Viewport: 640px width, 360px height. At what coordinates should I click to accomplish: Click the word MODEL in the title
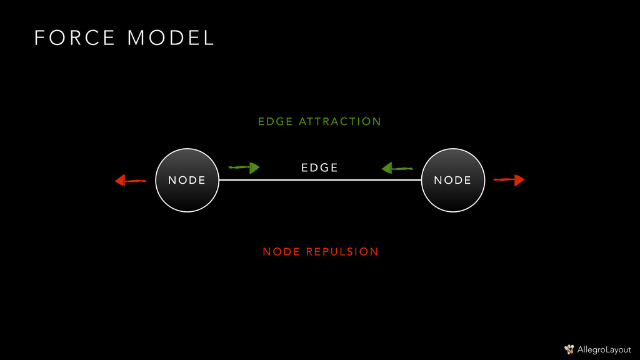click(x=171, y=38)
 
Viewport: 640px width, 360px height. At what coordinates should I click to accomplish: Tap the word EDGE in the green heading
click(x=275, y=121)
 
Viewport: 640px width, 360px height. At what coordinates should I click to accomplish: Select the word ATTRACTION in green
click(x=340, y=121)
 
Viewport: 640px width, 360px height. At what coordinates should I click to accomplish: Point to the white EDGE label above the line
click(x=319, y=167)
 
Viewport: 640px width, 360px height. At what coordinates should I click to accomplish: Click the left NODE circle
click(x=187, y=180)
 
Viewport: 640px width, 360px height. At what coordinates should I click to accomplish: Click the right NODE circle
click(x=452, y=180)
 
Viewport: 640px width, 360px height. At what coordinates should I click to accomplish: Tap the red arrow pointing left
click(x=130, y=181)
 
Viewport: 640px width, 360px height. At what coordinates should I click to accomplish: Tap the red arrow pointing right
click(x=509, y=180)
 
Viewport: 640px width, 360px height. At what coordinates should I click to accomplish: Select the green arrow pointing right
click(x=244, y=167)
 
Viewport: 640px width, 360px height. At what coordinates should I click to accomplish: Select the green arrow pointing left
click(x=397, y=167)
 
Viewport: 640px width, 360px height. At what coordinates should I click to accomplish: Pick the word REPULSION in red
click(x=342, y=252)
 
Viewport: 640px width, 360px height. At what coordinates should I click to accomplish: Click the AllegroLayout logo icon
click(x=569, y=349)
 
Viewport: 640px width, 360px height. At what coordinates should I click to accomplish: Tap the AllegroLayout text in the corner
click(x=604, y=349)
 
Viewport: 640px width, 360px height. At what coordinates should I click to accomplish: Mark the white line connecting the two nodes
click(x=320, y=180)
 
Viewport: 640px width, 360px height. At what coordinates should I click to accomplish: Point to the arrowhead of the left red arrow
click(x=120, y=181)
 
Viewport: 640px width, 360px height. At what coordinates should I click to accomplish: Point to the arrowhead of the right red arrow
click(x=519, y=180)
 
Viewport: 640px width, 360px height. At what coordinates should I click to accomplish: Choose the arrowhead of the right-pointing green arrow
click(x=254, y=167)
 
